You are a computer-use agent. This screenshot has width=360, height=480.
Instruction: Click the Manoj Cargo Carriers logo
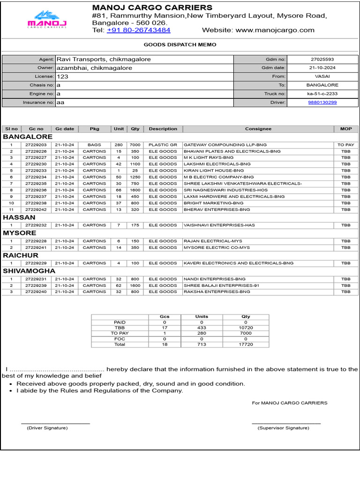point(47,19)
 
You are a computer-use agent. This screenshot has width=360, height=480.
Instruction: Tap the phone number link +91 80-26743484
point(138,30)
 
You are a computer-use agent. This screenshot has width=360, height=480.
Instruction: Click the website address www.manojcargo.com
point(275,30)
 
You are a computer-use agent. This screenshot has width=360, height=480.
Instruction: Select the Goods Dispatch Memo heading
point(180,45)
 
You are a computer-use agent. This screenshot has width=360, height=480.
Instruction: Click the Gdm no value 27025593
point(322,60)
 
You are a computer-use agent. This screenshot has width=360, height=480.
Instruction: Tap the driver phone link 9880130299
point(322,102)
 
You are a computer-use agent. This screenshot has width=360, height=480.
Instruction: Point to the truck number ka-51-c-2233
point(322,94)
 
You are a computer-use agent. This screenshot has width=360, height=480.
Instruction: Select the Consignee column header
point(258,129)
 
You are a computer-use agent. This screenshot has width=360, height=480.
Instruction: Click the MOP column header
point(345,129)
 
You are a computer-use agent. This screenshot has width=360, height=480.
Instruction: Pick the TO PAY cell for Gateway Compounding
point(345,145)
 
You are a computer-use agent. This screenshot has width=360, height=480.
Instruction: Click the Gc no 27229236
point(36,190)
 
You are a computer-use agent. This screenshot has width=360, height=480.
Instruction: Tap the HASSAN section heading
point(19,217)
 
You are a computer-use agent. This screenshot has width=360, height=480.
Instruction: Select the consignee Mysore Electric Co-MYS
point(217,247)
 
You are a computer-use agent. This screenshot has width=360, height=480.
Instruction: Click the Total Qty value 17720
point(246,345)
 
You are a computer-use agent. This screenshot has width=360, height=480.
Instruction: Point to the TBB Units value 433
point(202,328)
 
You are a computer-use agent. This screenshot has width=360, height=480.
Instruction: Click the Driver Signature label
point(47,428)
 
